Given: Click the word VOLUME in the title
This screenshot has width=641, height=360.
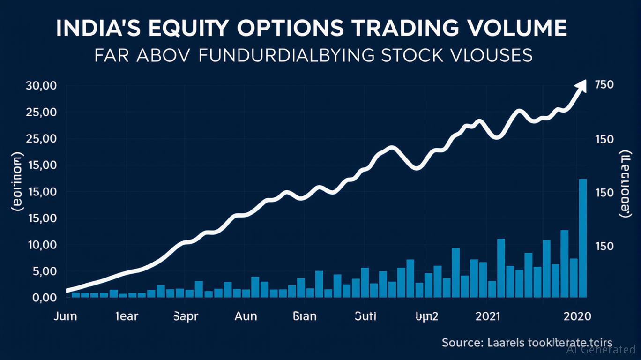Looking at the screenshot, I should (513, 28).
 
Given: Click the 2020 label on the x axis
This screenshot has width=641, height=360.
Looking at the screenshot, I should (577, 316).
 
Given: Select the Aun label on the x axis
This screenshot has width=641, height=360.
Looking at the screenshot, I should (245, 316).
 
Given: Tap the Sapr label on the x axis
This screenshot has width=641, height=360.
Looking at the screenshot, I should (186, 316).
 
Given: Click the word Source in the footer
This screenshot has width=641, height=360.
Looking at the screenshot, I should (462, 343).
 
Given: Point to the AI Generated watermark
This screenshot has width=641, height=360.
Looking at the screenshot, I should (601, 349).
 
